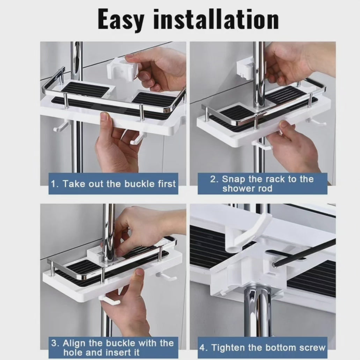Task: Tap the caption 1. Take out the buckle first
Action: (113, 184)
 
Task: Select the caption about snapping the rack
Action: (262, 184)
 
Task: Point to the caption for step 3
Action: (112, 347)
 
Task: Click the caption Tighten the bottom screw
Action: (263, 347)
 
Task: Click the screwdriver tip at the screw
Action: (274, 265)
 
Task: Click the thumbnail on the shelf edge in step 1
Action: (105, 117)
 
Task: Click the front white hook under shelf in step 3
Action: (109, 300)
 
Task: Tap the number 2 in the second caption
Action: (213, 179)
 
